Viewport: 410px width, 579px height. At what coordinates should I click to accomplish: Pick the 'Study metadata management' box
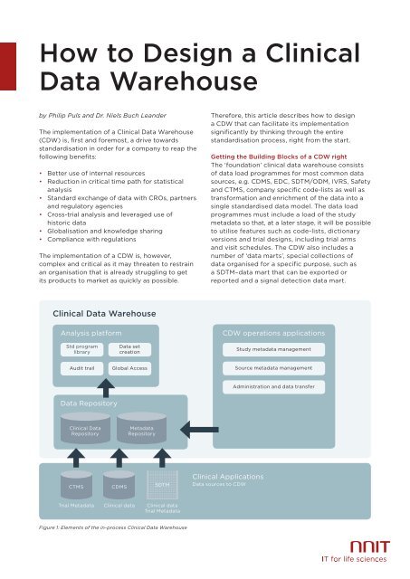tap(281, 348)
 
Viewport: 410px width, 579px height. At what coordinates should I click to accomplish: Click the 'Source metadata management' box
tap(281, 369)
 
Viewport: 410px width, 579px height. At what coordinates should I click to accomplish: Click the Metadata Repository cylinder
tap(140, 430)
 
